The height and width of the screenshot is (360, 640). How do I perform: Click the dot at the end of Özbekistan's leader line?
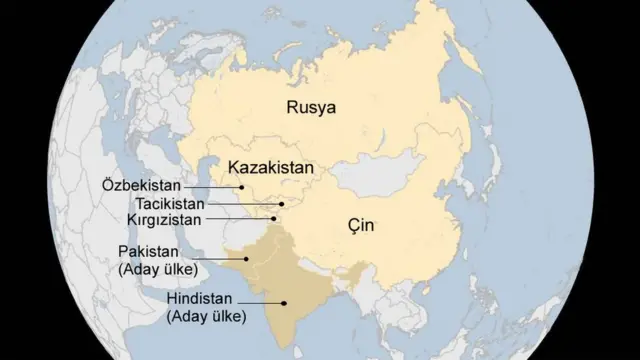[242, 187]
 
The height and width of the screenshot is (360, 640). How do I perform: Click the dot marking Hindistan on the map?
[285, 303]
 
